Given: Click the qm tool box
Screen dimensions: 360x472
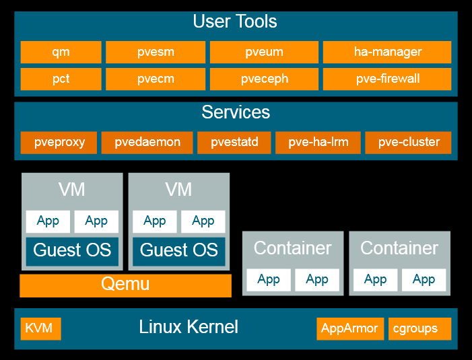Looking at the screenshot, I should pos(61,52).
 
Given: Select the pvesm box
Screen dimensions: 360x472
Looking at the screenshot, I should pos(156,52).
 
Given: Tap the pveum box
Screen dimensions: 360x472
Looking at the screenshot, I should pos(265,52).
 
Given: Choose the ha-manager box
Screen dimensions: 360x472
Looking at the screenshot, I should pos(387,52).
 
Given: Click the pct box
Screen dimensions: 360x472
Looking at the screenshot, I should pos(61,79).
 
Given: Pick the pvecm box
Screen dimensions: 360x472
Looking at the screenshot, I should pos(156,79).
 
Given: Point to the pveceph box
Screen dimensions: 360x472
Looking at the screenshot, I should pos(265,79).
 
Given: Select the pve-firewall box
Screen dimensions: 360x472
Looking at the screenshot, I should pos(387,79).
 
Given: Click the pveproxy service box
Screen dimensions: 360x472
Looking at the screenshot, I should pos(59,142).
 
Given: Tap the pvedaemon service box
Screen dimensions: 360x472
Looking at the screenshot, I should pos(147,142).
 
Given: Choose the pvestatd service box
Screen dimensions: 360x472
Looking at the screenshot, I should pos(234,142).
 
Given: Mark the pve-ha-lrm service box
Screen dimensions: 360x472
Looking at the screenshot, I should pos(318,142).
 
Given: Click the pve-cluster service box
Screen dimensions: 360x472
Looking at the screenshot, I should pos(409,142).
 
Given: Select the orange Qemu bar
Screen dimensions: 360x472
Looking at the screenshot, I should pos(125,285).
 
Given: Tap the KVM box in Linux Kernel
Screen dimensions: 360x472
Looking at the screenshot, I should pos(40,328).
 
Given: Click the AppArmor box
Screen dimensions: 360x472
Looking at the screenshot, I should pos(350,328).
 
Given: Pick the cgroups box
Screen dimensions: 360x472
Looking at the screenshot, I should pos(419,328).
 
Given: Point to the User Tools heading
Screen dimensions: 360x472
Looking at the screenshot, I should pos(235,22).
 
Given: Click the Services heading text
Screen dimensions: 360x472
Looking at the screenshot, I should pos(236,112).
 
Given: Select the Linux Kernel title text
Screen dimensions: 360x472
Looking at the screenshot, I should pos(189,328).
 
